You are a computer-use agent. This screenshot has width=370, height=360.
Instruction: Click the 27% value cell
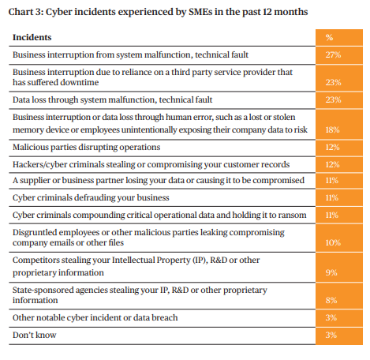pyautogui.click(x=333, y=54)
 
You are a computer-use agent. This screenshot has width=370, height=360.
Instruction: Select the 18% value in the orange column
pyautogui.click(x=332, y=129)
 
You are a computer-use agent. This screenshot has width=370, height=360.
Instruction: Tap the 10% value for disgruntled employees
pyautogui.click(x=333, y=242)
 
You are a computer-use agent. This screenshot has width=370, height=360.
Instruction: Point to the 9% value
pyautogui.click(x=331, y=272)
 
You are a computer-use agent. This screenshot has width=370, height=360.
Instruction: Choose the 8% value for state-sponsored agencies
pyautogui.click(x=331, y=300)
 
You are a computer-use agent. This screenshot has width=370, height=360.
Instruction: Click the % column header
pyautogui.click(x=329, y=37)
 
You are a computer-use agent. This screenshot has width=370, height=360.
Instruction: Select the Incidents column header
pyautogui.click(x=32, y=37)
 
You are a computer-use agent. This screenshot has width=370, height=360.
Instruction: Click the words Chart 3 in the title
pyautogui.click(x=26, y=12)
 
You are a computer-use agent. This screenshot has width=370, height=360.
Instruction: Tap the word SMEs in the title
pyautogui.click(x=200, y=12)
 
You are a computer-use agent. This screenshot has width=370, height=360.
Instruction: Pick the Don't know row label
pyautogui.click(x=35, y=335)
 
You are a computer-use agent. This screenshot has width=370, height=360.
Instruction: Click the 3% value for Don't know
pyautogui.click(x=331, y=335)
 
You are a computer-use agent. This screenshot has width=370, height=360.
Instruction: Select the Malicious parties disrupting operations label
pyautogui.click(x=86, y=147)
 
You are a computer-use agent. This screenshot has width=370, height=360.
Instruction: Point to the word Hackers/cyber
pyautogui.click(x=39, y=164)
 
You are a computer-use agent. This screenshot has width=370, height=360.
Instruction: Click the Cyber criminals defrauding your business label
pyautogui.click(x=91, y=197)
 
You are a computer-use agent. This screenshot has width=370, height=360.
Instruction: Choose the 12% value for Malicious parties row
pyautogui.click(x=332, y=147)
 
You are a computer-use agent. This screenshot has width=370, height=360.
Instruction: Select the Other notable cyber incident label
pyautogui.click(x=95, y=317)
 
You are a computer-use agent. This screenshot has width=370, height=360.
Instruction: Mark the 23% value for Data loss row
pyautogui.click(x=333, y=99)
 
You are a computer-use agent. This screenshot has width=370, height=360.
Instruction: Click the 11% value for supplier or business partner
pyautogui.click(x=332, y=180)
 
